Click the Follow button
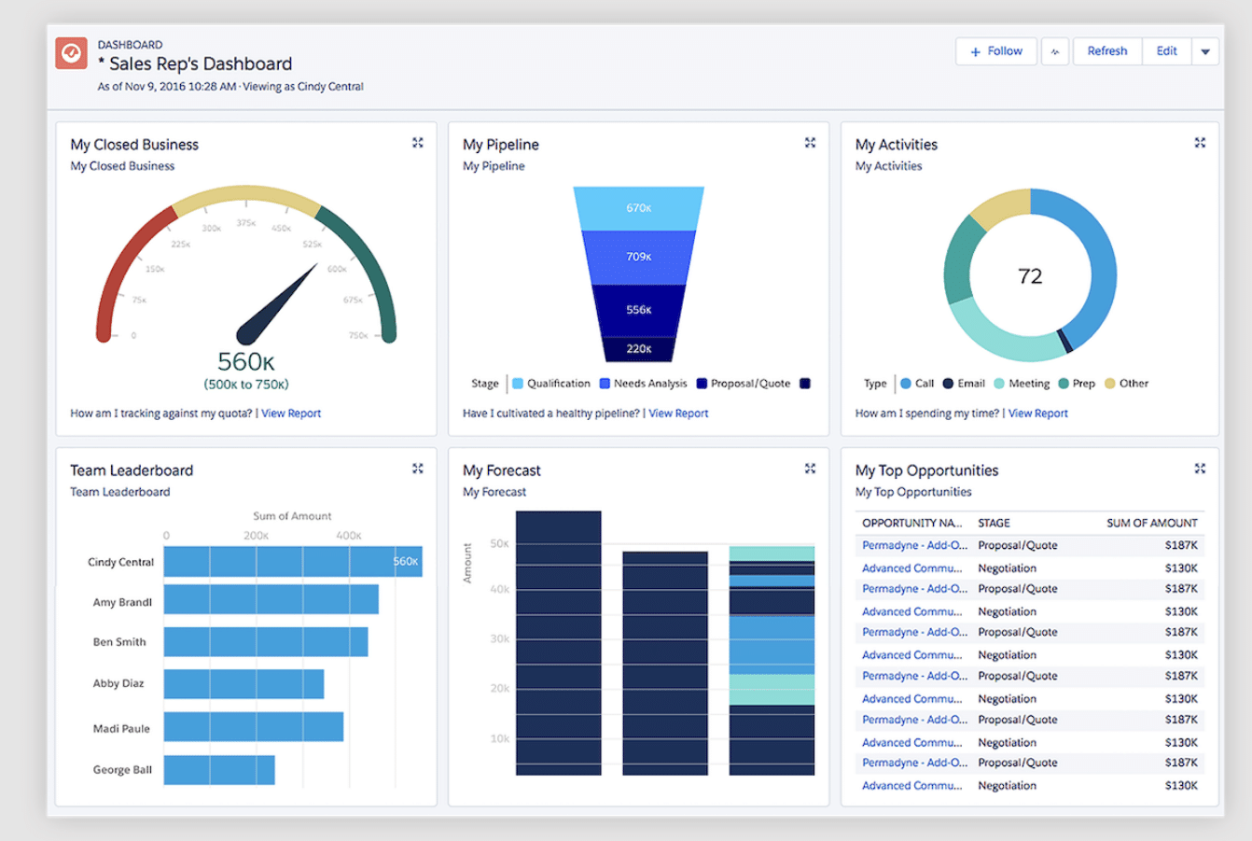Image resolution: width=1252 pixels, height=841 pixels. [996, 51]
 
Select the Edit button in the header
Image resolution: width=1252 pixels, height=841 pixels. [1166, 51]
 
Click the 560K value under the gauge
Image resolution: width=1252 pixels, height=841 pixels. [245, 361]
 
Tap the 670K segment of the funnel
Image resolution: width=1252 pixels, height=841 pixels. [638, 208]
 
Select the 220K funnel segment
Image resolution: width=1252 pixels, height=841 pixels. [638, 349]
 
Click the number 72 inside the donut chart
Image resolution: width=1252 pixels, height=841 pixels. [1030, 276]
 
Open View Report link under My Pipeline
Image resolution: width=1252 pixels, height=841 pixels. [678, 413]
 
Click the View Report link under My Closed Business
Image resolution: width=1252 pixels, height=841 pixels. [291, 413]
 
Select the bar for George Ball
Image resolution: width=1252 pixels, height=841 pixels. [219, 770]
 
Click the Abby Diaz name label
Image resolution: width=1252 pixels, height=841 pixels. [118, 683]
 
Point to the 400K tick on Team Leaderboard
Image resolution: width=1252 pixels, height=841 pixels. [349, 536]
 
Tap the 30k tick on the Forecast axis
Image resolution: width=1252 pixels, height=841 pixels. [500, 639]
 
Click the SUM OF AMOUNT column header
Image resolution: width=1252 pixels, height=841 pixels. [1151, 524]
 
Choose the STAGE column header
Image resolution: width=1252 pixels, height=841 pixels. [994, 524]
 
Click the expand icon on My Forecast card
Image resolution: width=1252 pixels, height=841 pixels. [810, 469]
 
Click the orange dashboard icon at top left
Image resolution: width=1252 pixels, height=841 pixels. [72, 53]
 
